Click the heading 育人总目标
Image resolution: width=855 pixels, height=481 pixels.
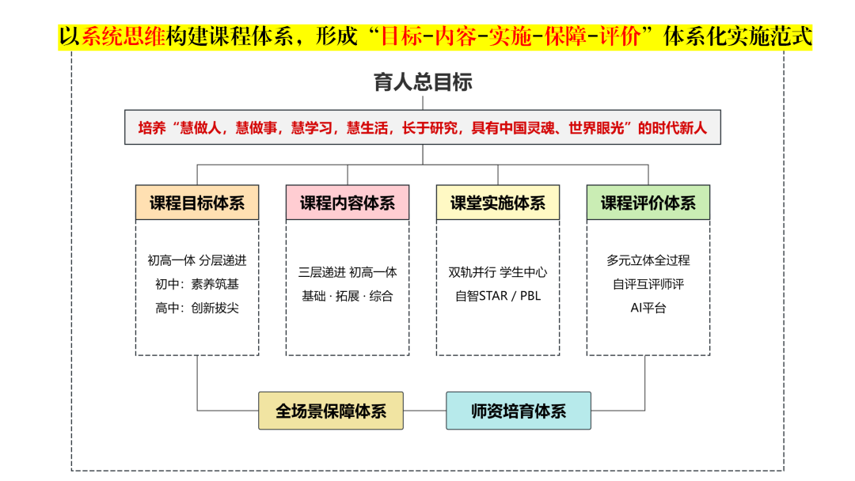(423, 82)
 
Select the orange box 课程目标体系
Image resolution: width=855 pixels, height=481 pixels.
(197, 203)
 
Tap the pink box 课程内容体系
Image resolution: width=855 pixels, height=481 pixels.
(348, 203)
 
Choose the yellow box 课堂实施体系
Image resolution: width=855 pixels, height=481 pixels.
(498, 203)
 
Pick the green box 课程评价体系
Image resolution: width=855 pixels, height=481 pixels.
(648, 203)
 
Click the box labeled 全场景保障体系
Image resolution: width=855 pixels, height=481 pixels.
(331, 411)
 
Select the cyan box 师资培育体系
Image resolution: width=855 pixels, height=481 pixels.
(519, 411)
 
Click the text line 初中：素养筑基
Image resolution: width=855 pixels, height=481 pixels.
(197, 284)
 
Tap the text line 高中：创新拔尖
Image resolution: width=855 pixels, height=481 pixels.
(197, 309)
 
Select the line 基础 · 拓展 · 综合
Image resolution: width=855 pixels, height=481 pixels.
(348, 297)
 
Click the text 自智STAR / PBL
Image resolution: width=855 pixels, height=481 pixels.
(498, 297)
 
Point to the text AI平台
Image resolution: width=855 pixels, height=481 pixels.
(648, 309)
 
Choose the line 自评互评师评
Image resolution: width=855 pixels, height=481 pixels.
(648, 284)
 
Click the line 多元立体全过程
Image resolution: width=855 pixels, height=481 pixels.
(648, 260)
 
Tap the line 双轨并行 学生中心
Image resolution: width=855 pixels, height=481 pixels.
(498, 272)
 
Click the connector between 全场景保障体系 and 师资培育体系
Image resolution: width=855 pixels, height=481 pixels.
(425, 411)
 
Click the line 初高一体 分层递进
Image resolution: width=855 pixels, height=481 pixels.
(197, 260)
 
